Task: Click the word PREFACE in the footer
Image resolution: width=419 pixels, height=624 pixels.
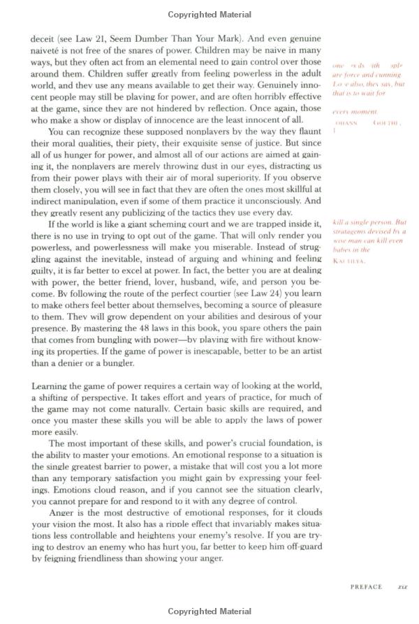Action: point(366,586)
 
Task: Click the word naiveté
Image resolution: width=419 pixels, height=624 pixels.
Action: point(47,51)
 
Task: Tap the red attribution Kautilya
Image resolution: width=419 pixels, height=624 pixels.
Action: point(349,261)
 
